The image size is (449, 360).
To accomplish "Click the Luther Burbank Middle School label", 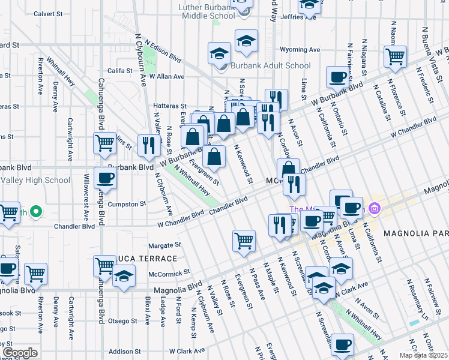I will pos(207,11).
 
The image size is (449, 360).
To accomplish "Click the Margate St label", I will pos(164,245).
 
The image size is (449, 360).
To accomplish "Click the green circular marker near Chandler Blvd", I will pos(35,212).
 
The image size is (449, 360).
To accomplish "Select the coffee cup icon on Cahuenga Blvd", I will pos(106,178).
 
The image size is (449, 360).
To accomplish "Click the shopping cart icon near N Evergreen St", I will pos(244,240).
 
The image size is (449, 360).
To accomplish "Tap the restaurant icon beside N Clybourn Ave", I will pos(148,145).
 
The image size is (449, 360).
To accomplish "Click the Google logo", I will pos(20,353).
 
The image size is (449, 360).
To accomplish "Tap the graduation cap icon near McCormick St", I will pos(124,277).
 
